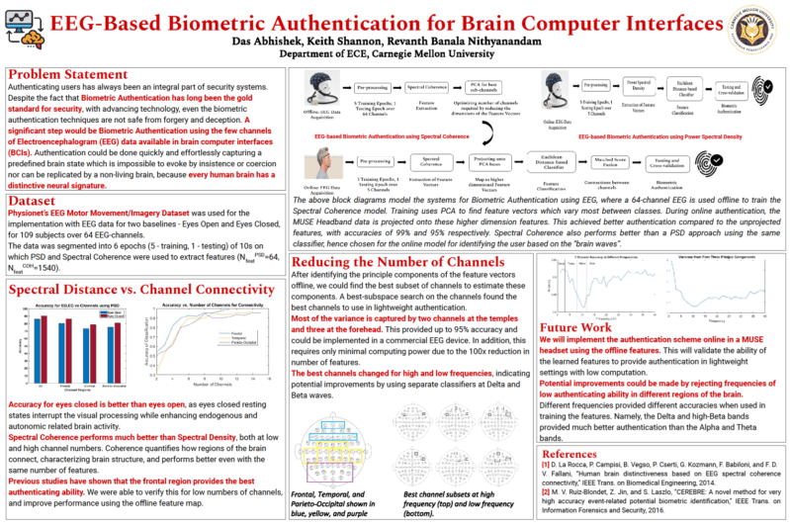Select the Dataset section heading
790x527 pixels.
(36, 198)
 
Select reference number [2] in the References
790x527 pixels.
(545, 493)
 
